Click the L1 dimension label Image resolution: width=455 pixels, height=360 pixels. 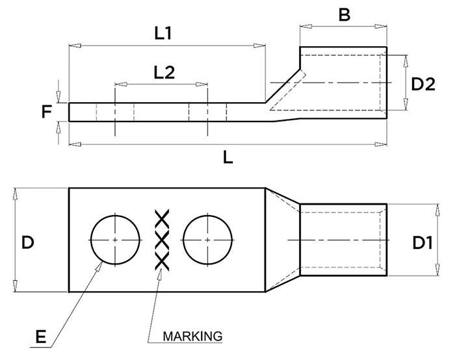162,34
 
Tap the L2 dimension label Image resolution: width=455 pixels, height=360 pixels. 163,71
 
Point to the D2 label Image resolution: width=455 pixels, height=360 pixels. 423,84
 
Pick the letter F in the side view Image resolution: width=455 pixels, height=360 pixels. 46,112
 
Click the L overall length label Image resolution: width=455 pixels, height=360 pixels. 228,157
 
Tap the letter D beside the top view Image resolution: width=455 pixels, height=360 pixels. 28,242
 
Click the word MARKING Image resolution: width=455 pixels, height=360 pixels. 192,337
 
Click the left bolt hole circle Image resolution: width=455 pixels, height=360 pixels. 115,240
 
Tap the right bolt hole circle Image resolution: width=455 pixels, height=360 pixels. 207,240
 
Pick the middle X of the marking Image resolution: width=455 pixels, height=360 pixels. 161,240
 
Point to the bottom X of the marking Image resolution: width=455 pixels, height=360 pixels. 161,261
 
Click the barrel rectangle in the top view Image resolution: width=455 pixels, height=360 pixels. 343,240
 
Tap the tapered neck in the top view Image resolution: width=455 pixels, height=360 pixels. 281,240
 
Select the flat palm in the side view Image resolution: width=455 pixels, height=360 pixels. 162,112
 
